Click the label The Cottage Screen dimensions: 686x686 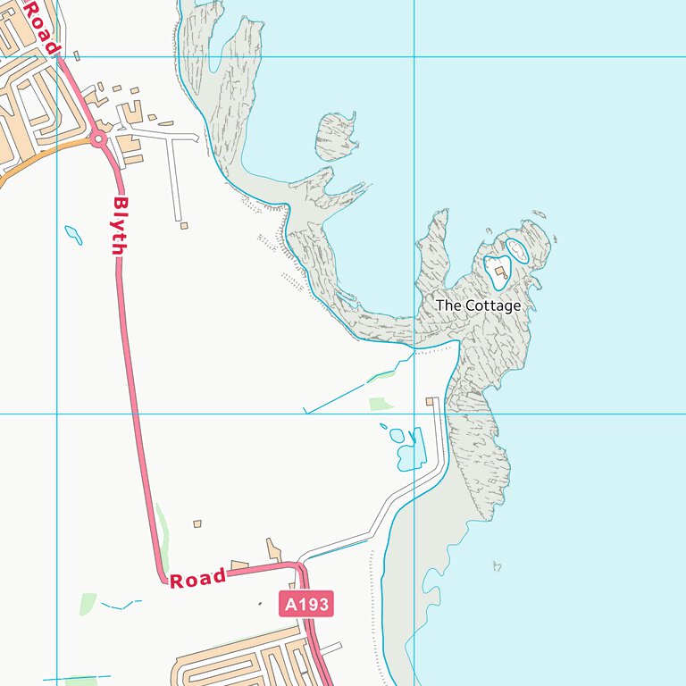[478, 305]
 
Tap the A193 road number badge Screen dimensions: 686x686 [306, 605]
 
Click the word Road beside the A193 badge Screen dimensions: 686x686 [197, 579]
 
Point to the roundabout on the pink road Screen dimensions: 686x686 [98, 138]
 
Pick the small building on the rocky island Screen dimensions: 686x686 [500, 272]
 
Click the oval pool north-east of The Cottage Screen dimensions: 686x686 [518, 251]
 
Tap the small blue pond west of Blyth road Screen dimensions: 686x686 [73, 235]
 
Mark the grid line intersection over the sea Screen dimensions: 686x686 [414, 57]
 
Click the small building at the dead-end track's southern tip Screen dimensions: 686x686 [184, 225]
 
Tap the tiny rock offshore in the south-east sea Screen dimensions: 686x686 [497, 565]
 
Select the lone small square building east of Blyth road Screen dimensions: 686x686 [197, 523]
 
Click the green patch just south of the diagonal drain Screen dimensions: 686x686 [381, 404]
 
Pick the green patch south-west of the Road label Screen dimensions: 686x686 [88, 603]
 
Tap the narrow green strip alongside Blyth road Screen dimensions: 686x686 [162, 527]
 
